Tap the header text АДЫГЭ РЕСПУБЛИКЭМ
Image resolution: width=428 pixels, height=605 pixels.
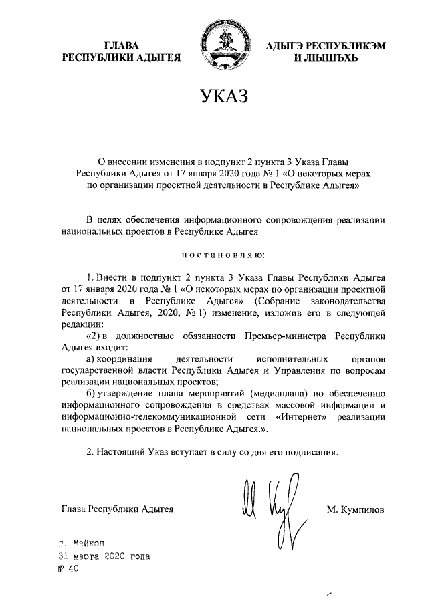tap(317, 45)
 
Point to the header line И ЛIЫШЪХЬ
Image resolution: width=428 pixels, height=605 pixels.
tap(317, 58)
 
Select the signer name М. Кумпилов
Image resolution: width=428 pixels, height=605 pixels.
tap(356, 509)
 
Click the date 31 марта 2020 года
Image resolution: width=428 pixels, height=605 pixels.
tap(104, 556)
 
